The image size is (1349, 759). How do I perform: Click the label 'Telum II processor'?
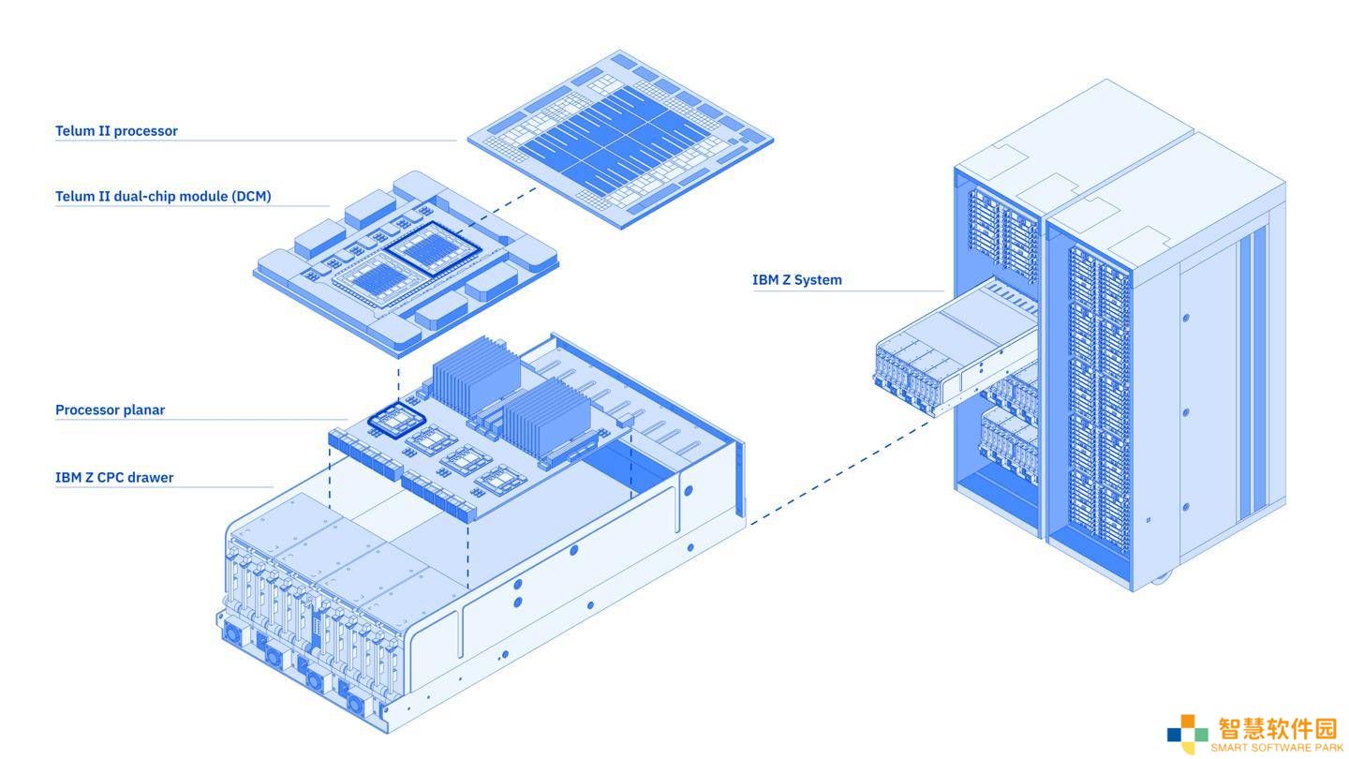pos(116,131)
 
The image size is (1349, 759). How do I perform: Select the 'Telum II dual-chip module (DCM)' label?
pos(163,197)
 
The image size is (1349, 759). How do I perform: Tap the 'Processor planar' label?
pos(111,410)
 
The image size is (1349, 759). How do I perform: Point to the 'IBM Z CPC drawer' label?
pos(114,478)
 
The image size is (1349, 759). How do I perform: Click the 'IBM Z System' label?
pos(796,280)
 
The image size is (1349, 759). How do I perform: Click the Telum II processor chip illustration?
pos(620,139)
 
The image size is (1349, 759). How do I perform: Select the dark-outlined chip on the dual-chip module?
pos(433,249)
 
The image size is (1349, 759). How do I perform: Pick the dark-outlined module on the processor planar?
pos(397,420)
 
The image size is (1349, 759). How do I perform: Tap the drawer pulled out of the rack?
pos(956,349)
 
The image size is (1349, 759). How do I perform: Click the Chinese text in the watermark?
pos(1278,728)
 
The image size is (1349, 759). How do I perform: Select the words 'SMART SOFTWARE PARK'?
pos(1277,748)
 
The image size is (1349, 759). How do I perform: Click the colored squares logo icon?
pos(1187,733)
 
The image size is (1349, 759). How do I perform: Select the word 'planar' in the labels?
pos(144,410)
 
